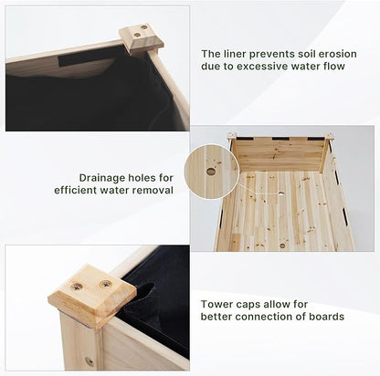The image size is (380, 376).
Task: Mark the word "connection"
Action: (x=265, y=317)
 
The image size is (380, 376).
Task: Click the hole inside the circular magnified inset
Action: (x=211, y=172)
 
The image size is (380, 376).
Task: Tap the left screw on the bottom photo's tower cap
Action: (x=79, y=286)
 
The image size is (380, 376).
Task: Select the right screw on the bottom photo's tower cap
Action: (x=106, y=285)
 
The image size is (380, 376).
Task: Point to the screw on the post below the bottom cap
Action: (x=90, y=360)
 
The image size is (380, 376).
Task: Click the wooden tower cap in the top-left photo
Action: (x=142, y=38)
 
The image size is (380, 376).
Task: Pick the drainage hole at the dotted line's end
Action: (x=281, y=193)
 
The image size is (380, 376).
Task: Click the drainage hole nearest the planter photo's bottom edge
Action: (x=282, y=245)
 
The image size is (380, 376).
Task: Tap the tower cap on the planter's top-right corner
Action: (x=330, y=136)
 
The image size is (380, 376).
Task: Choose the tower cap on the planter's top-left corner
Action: (x=232, y=136)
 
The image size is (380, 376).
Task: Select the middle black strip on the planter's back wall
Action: (x=280, y=139)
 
